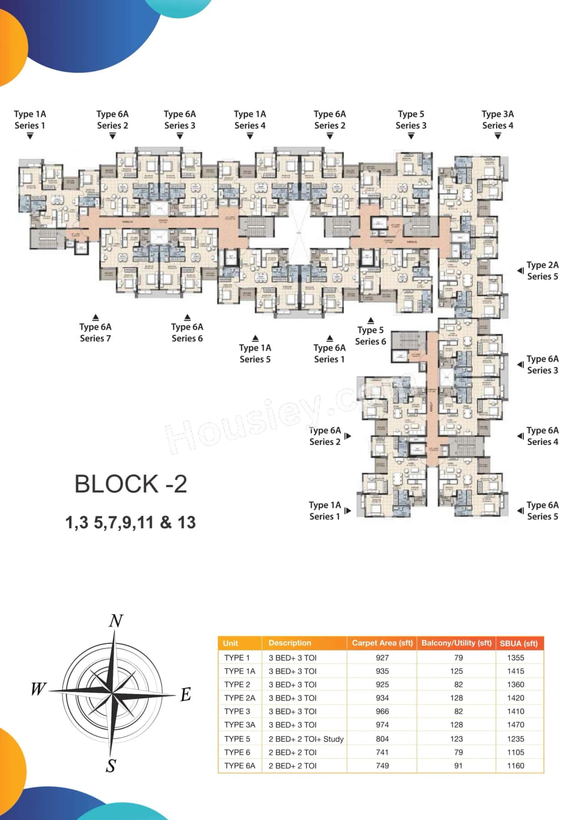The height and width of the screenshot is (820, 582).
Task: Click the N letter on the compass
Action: pyautogui.click(x=116, y=621)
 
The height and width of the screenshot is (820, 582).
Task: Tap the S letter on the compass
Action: pyautogui.click(x=111, y=766)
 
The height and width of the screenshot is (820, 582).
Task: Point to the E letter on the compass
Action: pyautogui.click(x=186, y=695)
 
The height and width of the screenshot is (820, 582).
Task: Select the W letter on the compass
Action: pyautogui.click(x=39, y=689)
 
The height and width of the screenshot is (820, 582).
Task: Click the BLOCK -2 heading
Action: pyautogui.click(x=130, y=484)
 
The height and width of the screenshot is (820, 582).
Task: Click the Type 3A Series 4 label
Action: pyautogui.click(x=497, y=119)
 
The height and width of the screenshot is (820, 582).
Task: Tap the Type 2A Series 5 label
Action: pyautogui.click(x=542, y=271)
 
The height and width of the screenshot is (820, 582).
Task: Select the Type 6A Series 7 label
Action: pyautogui.click(x=95, y=333)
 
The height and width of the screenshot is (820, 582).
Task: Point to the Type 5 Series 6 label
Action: pyautogui.click(x=371, y=336)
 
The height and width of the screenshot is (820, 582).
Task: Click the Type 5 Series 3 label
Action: pyautogui.click(x=411, y=119)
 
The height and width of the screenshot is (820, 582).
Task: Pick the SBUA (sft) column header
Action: pyautogui.click(x=518, y=643)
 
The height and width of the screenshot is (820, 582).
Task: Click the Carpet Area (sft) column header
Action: pyautogui.click(x=382, y=643)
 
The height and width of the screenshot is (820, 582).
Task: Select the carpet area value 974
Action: pyautogui.click(x=382, y=725)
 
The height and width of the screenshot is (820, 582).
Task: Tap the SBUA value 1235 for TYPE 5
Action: pyautogui.click(x=516, y=739)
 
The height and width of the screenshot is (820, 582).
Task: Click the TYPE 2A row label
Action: pyautogui.click(x=240, y=698)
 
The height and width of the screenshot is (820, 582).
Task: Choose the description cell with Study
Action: pyautogui.click(x=306, y=739)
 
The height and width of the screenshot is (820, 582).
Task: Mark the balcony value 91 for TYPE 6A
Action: pyautogui.click(x=458, y=765)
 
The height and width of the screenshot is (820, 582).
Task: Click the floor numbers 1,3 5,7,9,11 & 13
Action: pyautogui.click(x=130, y=522)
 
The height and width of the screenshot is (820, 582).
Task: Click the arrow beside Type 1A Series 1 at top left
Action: pyautogui.click(x=30, y=136)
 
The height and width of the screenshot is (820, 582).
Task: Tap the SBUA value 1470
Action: pyautogui.click(x=516, y=725)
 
